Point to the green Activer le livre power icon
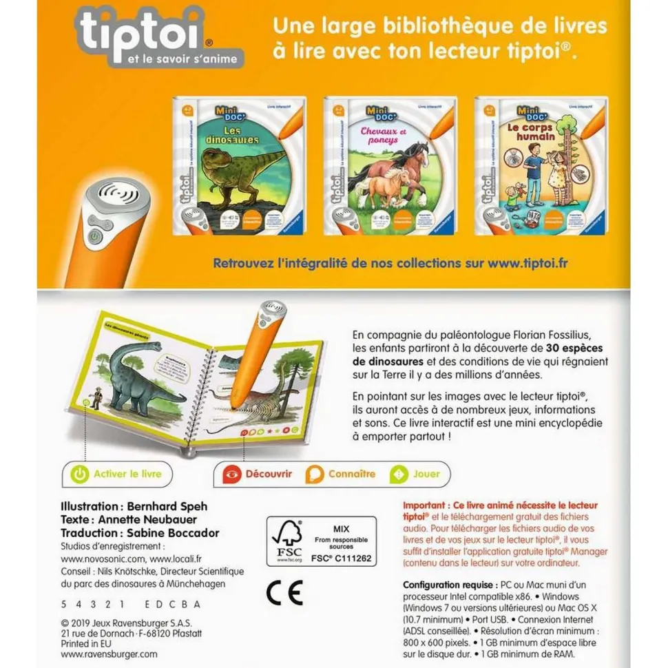click(81, 474)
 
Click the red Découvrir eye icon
click(234, 474)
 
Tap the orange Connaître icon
click(315, 474)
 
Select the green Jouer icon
click(397, 474)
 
